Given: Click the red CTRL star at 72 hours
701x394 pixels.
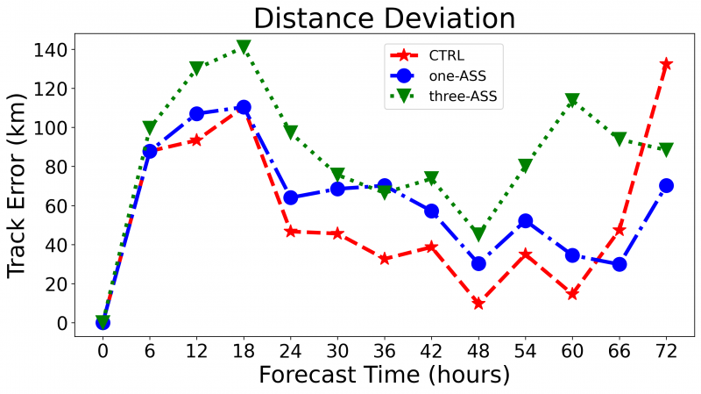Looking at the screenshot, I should (666, 64).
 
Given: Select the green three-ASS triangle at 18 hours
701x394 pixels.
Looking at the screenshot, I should (244, 47).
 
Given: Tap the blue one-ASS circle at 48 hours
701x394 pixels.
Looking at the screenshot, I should (478, 263).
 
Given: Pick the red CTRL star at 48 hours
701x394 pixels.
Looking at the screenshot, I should (478, 304).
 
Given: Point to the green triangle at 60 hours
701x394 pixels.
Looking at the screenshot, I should (572, 100).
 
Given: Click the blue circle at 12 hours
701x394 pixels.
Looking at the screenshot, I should (196, 114).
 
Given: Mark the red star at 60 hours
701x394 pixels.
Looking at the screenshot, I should (572, 294).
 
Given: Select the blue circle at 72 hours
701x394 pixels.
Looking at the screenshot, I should (666, 186).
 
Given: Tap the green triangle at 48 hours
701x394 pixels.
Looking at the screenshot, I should (478, 233).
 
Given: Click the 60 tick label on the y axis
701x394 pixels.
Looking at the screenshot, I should (69, 205).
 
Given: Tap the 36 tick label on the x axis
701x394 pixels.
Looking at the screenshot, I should (384, 350).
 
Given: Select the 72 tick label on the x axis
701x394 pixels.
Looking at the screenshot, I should (666, 350).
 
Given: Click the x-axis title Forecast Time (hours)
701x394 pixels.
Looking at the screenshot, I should (384, 376).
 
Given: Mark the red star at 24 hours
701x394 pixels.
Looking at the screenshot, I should (290, 231).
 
